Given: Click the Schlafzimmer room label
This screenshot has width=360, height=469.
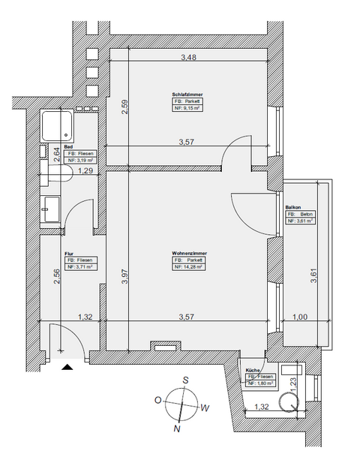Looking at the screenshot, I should (188, 94).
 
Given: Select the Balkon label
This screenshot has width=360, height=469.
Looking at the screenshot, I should (293, 207).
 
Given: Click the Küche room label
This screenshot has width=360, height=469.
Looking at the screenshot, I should (253, 371).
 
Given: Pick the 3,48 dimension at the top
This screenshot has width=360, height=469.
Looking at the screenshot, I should (193, 57).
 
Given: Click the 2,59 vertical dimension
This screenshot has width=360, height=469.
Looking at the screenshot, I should (124, 110).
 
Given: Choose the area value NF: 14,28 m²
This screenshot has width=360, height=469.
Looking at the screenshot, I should (188, 266).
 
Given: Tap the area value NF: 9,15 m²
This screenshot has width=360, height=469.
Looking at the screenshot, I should (188, 107).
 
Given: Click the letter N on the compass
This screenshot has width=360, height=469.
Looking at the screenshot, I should (177, 430).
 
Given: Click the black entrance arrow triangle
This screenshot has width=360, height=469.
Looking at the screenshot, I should (67, 368).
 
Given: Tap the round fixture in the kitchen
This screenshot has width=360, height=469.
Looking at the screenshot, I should (288, 402).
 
